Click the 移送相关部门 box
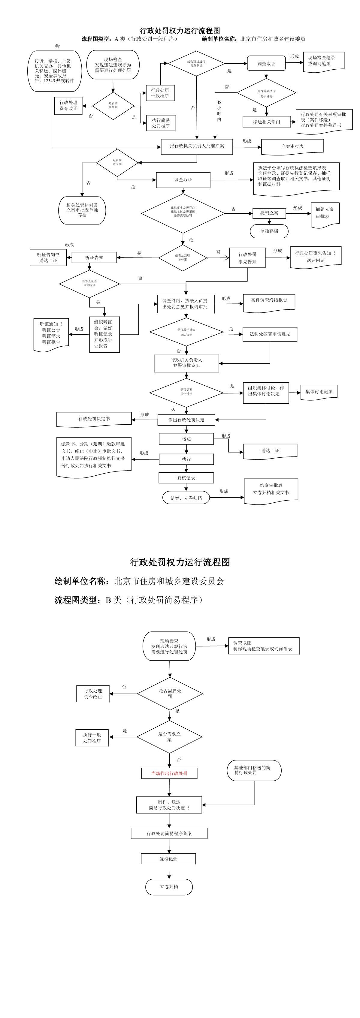pyautogui.click(x=267, y=122)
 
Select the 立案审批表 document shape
pyautogui.click(x=292, y=146)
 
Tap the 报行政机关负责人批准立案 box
pyautogui.click(x=197, y=146)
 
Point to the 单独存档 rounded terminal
pyautogui.click(x=269, y=231)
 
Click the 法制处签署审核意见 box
pyautogui.click(x=270, y=334)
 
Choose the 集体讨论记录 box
pyautogui.click(x=319, y=392)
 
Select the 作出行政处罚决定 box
pyautogui.click(x=186, y=420)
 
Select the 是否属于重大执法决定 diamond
pyautogui.click(x=186, y=332)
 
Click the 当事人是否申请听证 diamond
pyautogui.click(x=89, y=283)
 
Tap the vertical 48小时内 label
pyautogui.click(x=219, y=111)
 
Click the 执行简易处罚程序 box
pyautogui.click(x=160, y=123)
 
